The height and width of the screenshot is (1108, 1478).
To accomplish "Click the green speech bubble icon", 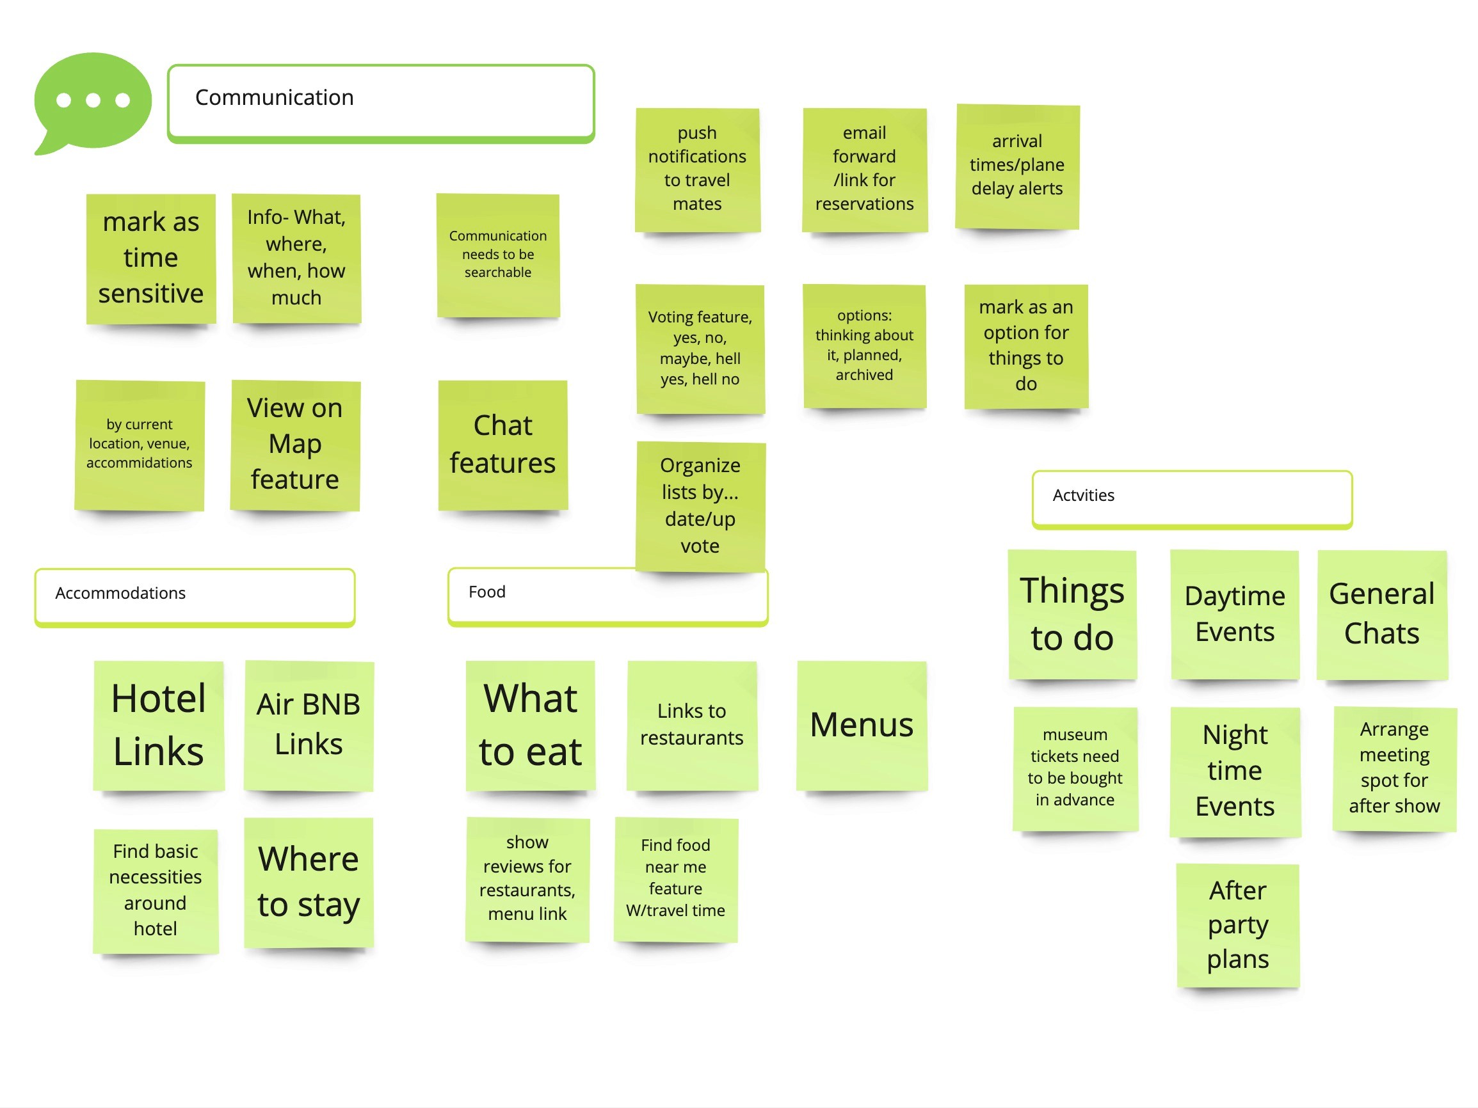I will [x=92, y=100].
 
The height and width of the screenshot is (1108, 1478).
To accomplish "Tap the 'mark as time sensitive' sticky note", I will [x=151, y=258].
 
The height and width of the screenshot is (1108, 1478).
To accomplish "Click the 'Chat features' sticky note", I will [x=502, y=444].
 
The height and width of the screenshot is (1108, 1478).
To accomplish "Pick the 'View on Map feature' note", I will [x=294, y=444].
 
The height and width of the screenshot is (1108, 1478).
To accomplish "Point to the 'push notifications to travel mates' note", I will [x=697, y=169].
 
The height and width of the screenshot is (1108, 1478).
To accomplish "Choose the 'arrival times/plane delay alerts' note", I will [x=1017, y=166].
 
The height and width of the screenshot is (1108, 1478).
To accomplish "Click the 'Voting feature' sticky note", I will [x=700, y=348].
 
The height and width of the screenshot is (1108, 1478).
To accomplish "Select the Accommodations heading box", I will [x=195, y=596].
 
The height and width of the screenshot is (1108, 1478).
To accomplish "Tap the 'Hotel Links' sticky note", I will [x=158, y=725].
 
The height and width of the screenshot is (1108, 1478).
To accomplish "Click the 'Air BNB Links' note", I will [x=308, y=725].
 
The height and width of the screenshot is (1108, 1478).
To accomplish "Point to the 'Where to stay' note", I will [x=308, y=882].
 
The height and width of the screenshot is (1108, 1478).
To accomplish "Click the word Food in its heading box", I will [x=487, y=592].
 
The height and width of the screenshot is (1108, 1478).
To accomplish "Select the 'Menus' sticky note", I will [x=862, y=725].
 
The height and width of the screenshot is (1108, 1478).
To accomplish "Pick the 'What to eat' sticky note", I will [x=530, y=725].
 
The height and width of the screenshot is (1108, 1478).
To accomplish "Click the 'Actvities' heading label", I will [x=1083, y=495].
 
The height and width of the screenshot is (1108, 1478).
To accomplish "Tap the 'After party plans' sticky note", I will [x=1237, y=924].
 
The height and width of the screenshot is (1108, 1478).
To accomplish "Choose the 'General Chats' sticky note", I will [x=1381, y=613].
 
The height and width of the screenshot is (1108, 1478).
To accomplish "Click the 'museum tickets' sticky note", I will [x=1075, y=768].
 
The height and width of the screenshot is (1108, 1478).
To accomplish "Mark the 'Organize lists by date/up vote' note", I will [x=700, y=505].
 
